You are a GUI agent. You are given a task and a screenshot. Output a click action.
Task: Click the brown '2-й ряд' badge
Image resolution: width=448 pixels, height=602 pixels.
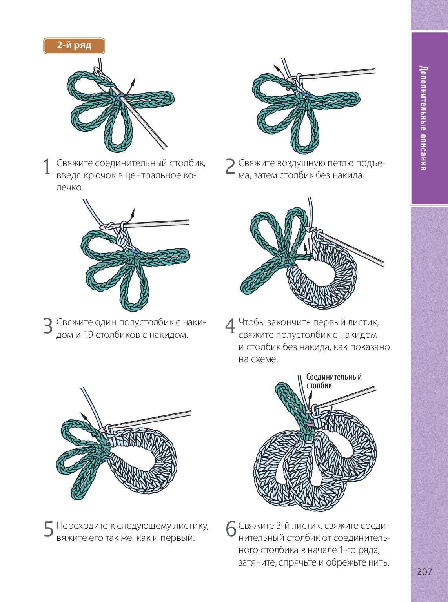[74, 45]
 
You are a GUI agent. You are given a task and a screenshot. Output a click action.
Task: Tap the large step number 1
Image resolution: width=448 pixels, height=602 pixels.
[47, 166]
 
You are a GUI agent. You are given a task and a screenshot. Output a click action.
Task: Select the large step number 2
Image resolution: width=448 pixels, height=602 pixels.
[230, 166]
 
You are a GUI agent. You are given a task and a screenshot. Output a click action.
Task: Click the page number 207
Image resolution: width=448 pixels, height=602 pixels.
[424, 572]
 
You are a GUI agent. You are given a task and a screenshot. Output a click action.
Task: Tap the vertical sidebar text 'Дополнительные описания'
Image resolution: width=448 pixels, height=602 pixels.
[423, 118]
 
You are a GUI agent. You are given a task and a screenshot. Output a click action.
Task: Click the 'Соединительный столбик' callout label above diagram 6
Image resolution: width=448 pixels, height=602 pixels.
[334, 381]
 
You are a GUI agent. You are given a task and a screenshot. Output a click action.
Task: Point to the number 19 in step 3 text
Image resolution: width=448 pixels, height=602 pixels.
[88, 335]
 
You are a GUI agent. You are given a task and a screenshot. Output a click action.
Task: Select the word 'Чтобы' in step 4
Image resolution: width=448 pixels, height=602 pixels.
[251, 323]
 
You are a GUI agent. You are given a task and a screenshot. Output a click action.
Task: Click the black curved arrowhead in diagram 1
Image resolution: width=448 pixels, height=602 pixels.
[133, 80]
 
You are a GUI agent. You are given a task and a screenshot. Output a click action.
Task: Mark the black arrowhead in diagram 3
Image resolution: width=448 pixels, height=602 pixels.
[133, 211]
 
